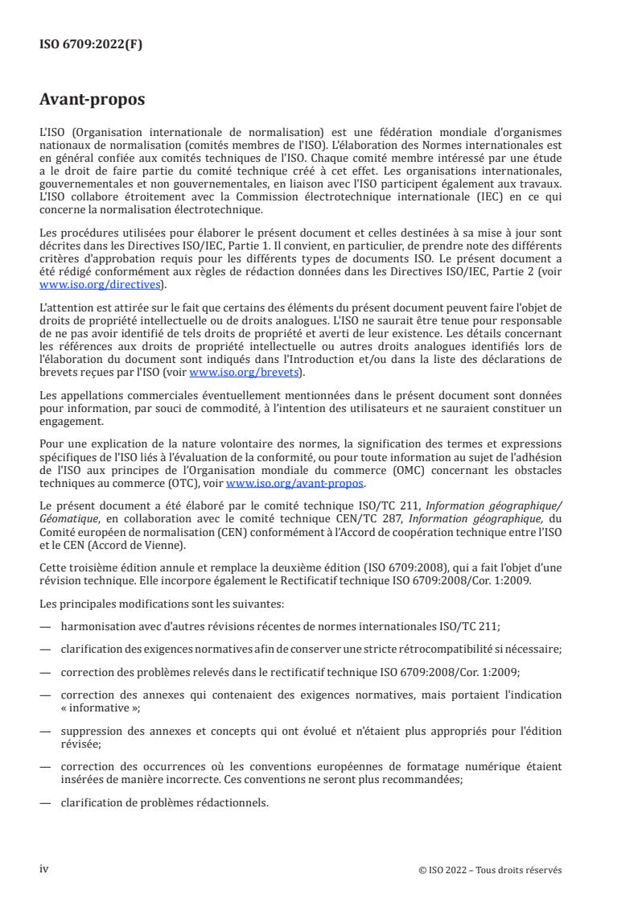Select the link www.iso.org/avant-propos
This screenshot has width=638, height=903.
tap(295, 482)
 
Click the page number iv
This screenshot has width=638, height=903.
tap(44, 868)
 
